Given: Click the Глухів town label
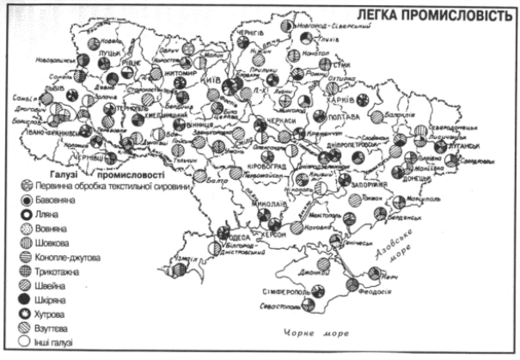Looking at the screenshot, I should pos(325,38).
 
